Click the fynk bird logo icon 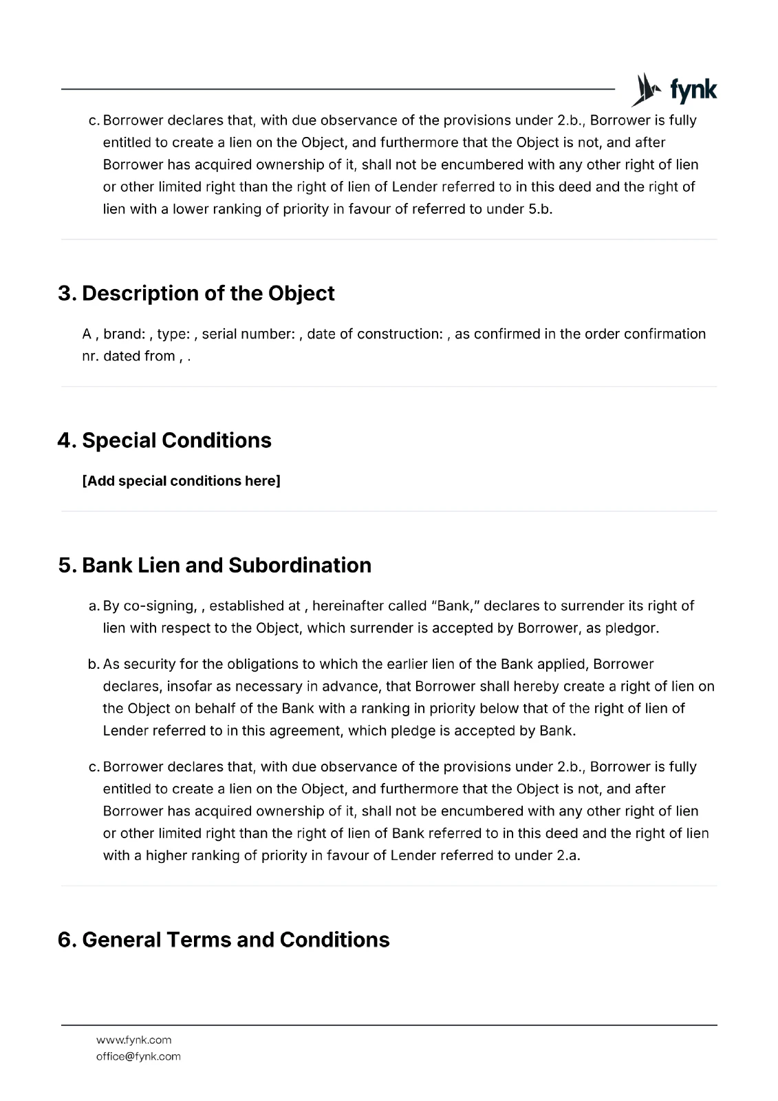(x=645, y=89)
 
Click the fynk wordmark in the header (x=693, y=90)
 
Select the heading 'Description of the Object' (x=208, y=293)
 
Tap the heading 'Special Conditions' (x=176, y=440)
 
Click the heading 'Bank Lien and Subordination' (x=226, y=565)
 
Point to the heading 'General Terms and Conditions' (x=235, y=939)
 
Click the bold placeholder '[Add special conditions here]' (x=181, y=481)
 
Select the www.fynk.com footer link (x=133, y=1040)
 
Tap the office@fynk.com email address (x=138, y=1056)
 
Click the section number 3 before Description (x=66, y=293)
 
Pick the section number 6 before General (x=66, y=939)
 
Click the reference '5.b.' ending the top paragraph (x=540, y=209)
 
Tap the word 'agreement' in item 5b (x=303, y=730)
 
